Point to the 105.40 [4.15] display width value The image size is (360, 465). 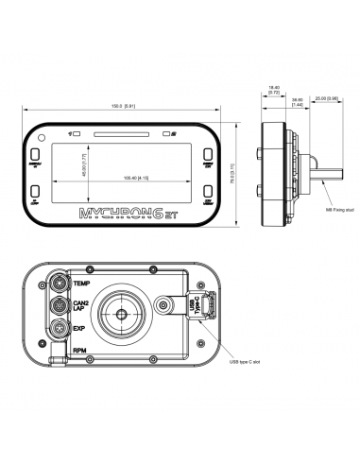coord(133,180)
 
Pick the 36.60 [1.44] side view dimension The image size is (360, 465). coord(297,100)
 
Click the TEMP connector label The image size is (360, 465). coord(82,284)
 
